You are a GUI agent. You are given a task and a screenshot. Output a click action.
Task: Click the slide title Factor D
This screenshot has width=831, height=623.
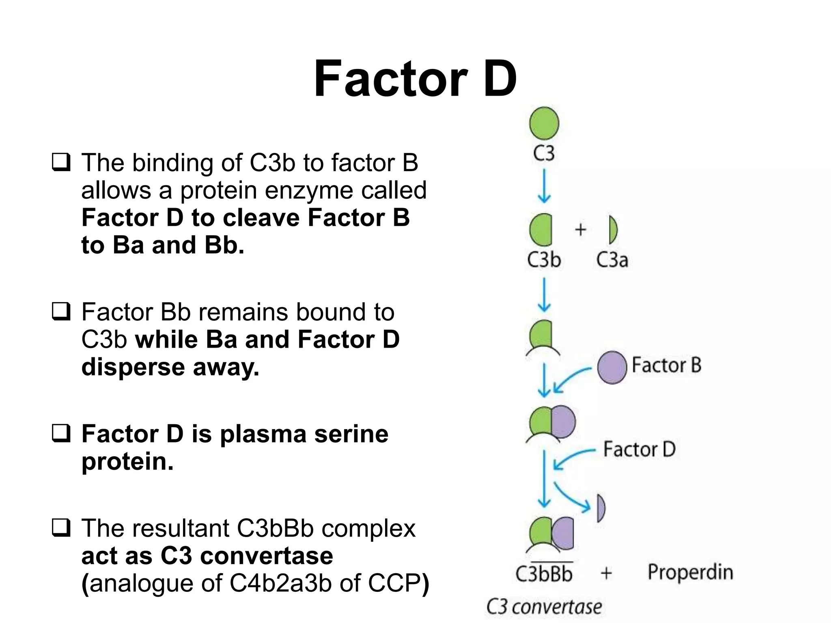click(x=415, y=79)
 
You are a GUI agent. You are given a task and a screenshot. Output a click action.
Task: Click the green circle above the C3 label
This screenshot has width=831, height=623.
click(x=544, y=123)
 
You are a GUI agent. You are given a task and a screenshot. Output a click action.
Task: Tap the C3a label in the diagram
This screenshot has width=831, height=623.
click(x=612, y=260)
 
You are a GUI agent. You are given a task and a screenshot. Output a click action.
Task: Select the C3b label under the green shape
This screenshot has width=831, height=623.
click(x=544, y=260)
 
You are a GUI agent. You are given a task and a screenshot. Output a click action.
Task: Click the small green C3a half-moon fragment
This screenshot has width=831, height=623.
click(x=613, y=230)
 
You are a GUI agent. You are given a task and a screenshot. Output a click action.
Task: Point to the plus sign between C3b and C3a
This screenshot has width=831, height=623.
click(x=581, y=230)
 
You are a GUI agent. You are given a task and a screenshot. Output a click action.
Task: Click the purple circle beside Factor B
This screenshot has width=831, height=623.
click(x=612, y=367)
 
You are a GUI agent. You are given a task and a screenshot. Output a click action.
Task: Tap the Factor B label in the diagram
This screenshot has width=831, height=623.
click(x=667, y=365)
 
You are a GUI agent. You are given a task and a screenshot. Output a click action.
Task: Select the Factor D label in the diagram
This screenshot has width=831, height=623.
click(x=639, y=449)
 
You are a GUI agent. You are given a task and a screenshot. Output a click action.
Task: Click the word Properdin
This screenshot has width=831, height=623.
click(x=690, y=572)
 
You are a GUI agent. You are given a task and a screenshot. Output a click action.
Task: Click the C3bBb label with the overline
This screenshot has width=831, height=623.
click(x=544, y=574)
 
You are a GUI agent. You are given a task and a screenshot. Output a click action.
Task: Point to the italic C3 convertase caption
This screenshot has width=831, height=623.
click(x=544, y=607)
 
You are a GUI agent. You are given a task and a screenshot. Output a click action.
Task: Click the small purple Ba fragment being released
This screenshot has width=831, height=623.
click(x=601, y=508)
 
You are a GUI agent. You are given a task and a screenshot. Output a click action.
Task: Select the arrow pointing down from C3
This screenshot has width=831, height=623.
click(x=544, y=186)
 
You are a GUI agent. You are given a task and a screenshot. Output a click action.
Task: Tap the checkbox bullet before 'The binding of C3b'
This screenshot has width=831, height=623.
click(x=61, y=163)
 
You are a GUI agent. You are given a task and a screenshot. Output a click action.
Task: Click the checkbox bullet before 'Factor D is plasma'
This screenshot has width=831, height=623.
click(x=61, y=434)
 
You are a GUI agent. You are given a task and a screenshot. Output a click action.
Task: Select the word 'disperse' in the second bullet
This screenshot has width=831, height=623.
click(x=133, y=367)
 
